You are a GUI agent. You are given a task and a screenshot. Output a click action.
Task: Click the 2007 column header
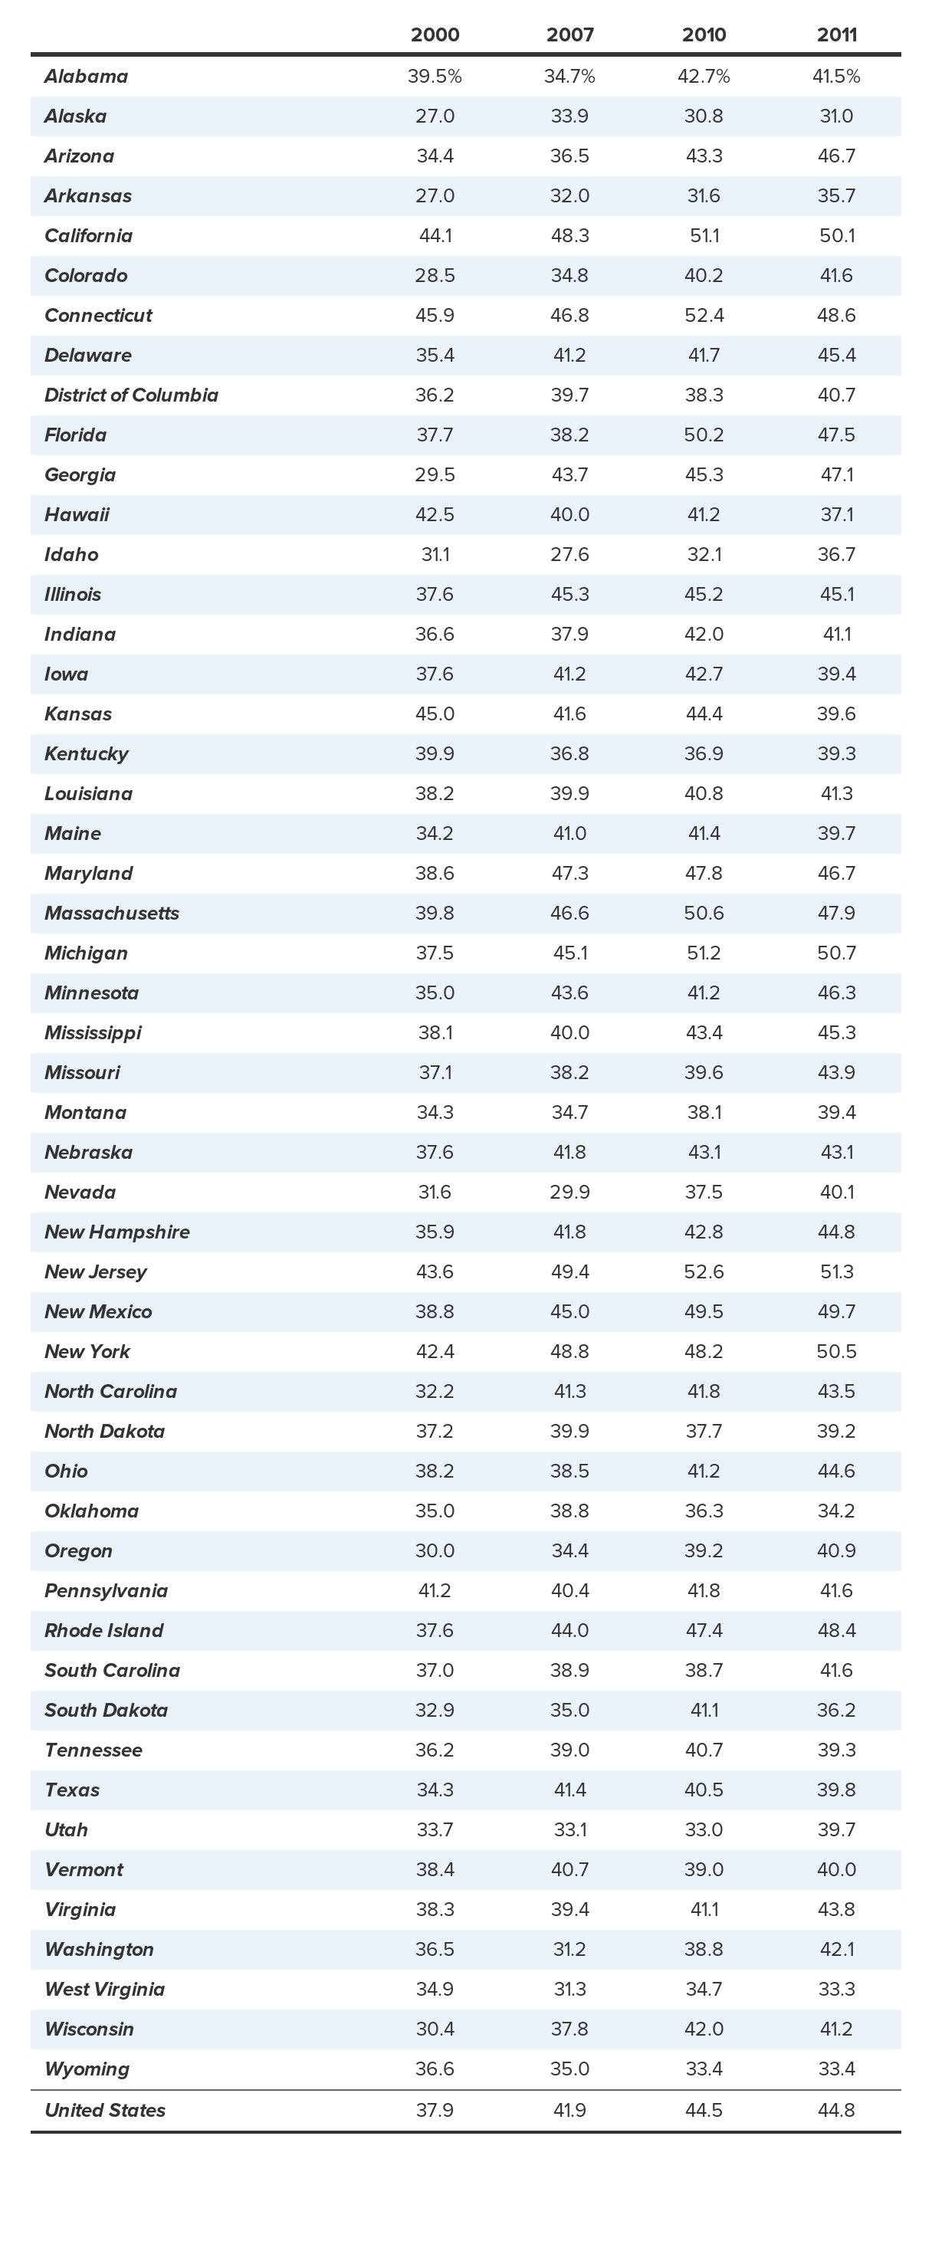[570, 34]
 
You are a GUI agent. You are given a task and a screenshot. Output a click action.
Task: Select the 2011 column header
[836, 34]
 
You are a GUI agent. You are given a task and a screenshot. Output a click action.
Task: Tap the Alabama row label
[86, 77]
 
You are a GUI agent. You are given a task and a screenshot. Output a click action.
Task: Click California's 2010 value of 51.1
[703, 236]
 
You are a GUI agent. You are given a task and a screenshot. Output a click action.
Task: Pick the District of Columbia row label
[131, 395]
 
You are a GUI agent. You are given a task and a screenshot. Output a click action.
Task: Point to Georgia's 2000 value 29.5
[435, 475]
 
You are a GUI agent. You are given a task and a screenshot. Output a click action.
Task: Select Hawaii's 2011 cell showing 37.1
[836, 515]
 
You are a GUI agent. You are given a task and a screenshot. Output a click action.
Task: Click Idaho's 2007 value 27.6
[570, 555]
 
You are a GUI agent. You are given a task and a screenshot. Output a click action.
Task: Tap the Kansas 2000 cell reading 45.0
[435, 714]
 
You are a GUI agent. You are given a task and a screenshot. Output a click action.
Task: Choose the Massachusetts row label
[111, 914]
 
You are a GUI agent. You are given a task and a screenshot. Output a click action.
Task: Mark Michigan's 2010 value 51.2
[703, 953]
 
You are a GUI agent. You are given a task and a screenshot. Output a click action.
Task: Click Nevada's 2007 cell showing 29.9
[570, 1193]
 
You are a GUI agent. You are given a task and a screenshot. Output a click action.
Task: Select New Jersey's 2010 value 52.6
[703, 1272]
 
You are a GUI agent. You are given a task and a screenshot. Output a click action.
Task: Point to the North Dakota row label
[104, 1431]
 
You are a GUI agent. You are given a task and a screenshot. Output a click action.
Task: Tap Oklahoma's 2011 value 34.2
[836, 1511]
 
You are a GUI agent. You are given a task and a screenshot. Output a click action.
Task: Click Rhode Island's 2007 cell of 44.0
[570, 1630]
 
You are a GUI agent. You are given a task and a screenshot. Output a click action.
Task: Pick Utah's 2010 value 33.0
[703, 1829]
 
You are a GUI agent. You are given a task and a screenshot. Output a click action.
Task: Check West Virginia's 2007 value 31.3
[570, 1990]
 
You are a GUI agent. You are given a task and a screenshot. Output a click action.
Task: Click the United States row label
[104, 2111]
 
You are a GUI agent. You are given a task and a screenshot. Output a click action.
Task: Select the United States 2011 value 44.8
[836, 2111]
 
